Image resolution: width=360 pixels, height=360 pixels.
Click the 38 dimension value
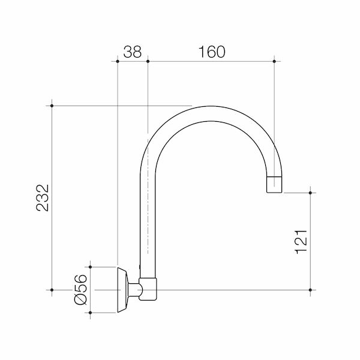tap(133, 52)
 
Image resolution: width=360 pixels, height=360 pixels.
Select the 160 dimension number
tap(210, 52)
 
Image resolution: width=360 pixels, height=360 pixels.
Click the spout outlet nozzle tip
tap(274, 185)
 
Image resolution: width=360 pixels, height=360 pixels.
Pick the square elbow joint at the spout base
tap(148, 290)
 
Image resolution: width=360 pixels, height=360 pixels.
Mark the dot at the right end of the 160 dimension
tap(274, 61)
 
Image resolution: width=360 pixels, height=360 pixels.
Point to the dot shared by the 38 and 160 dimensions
tap(147, 61)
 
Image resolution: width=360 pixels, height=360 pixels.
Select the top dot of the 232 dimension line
tap(53, 106)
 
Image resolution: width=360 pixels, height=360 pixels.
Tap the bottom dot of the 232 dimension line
tap(53, 290)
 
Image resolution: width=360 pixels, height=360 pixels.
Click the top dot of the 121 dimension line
tap(310, 193)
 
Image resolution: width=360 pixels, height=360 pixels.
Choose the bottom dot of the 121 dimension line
tap(310, 290)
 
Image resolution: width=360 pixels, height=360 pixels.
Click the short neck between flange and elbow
tap(136, 290)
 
